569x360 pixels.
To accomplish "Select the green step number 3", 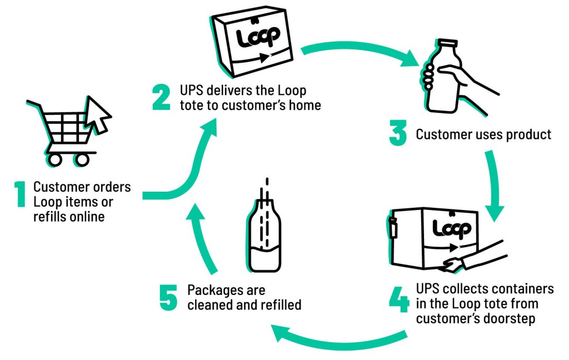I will coord(398,134).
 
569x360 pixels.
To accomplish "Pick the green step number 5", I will coord(168,297).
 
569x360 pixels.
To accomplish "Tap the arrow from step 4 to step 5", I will coord(339,337).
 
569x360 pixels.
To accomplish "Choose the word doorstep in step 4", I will coord(515,319).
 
